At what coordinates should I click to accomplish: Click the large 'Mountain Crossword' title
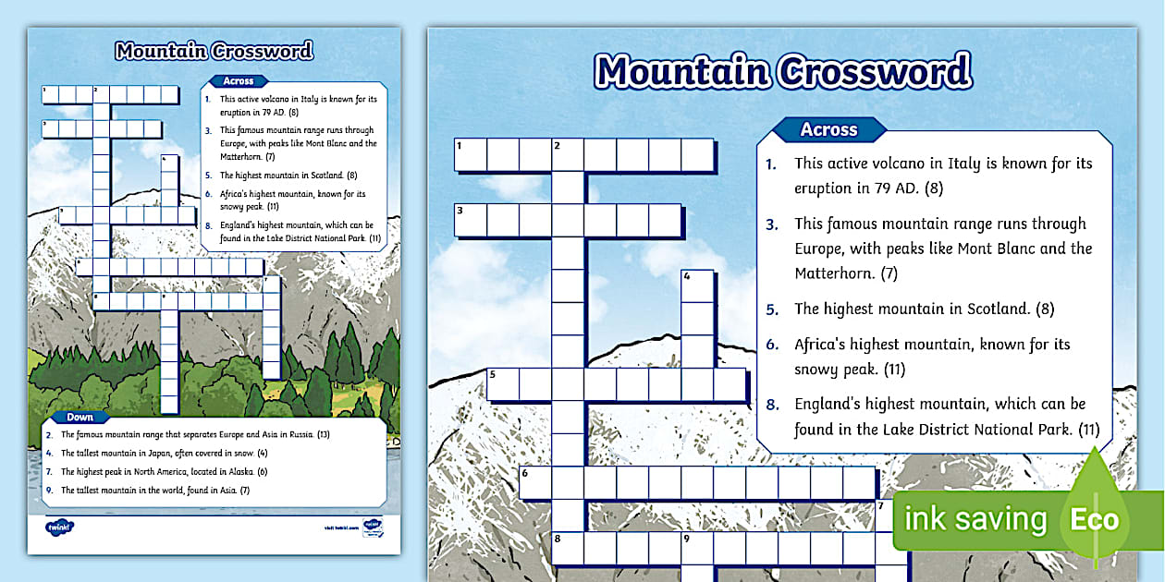click(x=782, y=71)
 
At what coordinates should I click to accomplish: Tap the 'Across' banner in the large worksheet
click(x=828, y=130)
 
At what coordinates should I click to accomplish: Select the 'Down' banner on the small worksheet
click(x=80, y=417)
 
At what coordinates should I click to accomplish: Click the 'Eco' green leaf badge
click(x=1095, y=519)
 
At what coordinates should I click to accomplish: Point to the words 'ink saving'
click(x=975, y=520)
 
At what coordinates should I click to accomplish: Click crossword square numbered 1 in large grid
click(x=470, y=155)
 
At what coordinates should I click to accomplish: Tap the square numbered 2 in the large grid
click(x=567, y=155)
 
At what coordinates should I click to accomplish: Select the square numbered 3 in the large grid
click(x=470, y=220)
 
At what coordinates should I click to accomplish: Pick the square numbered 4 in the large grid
click(x=697, y=285)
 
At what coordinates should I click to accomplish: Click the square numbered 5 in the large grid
click(x=502, y=383)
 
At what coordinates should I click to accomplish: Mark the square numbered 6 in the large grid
click(x=534, y=481)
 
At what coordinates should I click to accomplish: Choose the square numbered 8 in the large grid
click(x=567, y=547)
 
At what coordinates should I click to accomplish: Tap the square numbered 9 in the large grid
click(x=697, y=547)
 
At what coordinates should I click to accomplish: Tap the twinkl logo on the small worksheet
click(x=59, y=527)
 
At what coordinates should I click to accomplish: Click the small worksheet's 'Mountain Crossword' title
click(x=214, y=51)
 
